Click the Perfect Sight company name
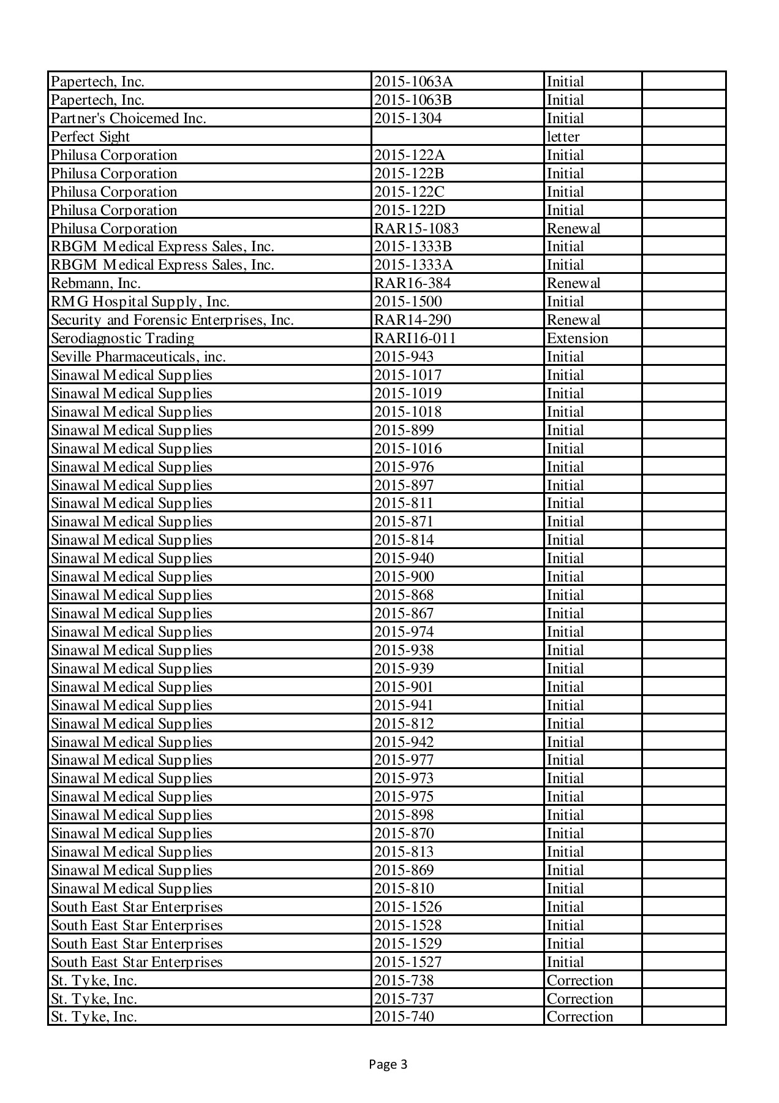point(91,137)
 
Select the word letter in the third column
point(563,137)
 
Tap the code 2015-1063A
point(413,81)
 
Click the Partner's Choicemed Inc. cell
point(129,118)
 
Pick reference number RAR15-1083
point(416,229)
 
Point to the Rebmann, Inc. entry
point(96,283)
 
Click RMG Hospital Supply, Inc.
point(140,301)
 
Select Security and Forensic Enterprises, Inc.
point(172,320)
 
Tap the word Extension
point(578,338)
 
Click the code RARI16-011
point(415,338)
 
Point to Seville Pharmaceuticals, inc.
point(138,357)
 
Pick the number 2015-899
point(404,430)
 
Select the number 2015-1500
point(408,301)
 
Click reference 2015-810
point(404,889)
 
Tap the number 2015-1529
point(408,944)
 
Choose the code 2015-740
point(404,1017)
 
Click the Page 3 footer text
point(388,1064)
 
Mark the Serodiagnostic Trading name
point(122,338)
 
